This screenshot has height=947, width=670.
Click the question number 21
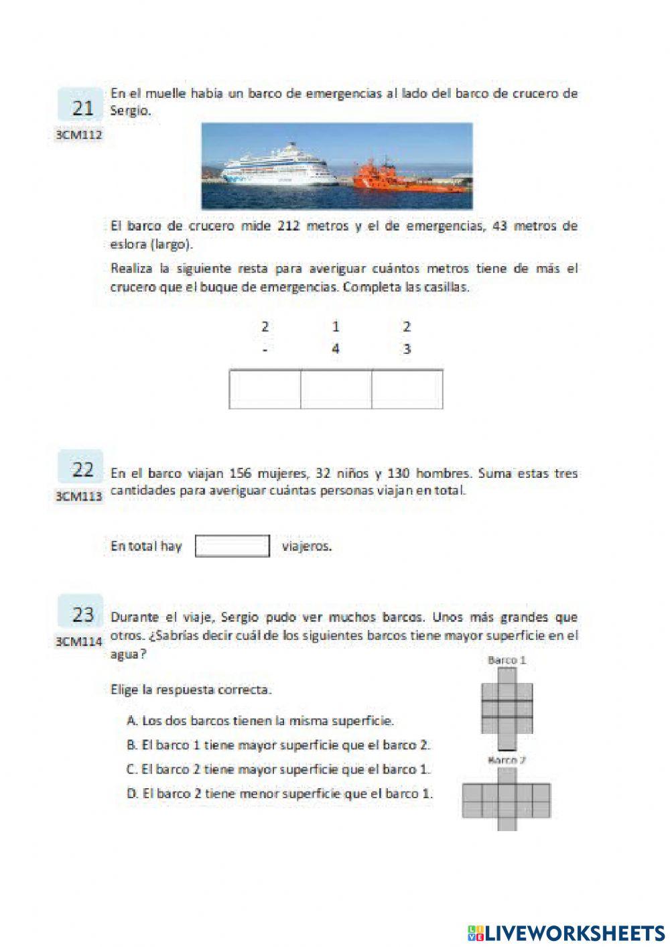point(82,107)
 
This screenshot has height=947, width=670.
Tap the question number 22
point(82,468)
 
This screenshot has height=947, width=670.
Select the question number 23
point(82,614)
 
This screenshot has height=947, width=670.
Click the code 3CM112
point(79,135)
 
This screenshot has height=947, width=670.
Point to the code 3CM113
point(79,496)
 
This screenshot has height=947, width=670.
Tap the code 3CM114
point(79,641)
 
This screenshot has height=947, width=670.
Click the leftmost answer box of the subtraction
point(265,389)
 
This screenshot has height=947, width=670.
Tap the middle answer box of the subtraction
point(336,389)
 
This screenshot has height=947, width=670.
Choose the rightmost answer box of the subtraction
point(407,389)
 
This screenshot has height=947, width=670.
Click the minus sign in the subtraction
point(265,349)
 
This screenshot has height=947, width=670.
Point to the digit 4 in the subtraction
point(336,349)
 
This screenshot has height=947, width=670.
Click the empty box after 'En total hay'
point(232,546)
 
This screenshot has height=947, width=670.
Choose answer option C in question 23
point(278,769)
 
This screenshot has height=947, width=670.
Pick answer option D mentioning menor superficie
point(279,794)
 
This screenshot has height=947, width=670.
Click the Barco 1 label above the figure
point(507,660)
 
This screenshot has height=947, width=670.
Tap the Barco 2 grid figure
point(507,800)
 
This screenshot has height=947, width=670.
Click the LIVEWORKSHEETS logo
point(566,932)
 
